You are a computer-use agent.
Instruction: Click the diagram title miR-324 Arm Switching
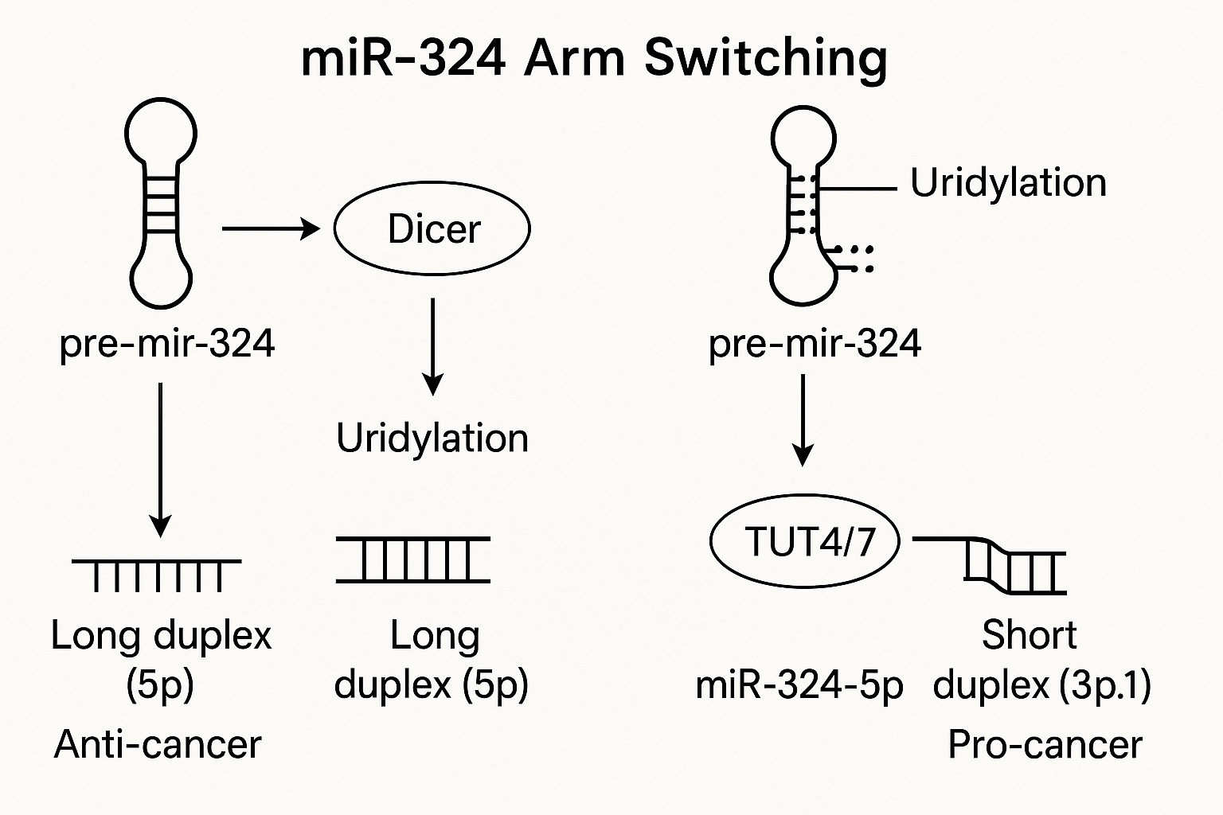point(594,60)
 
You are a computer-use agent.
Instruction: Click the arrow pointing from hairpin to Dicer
point(271,228)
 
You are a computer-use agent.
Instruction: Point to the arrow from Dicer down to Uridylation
point(433,347)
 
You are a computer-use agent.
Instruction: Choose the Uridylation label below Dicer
point(432,439)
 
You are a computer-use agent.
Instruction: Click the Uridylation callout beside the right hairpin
point(1009,183)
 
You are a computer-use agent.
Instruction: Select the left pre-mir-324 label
point(167,345)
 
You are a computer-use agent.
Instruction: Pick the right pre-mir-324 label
point(815,345)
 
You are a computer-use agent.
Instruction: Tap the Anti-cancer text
point(158,744)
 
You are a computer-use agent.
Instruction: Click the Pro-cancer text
point(1045,744)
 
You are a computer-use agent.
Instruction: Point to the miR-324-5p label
point(799,685)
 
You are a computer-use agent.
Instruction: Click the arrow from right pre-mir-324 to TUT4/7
point(803,420)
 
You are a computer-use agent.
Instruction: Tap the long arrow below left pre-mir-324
point(161,460)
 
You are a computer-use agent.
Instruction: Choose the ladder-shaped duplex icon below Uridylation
point(413,560)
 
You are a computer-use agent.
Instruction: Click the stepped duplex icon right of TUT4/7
point(988,565)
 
